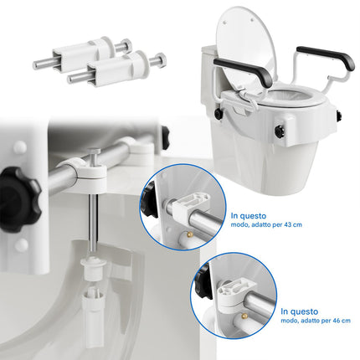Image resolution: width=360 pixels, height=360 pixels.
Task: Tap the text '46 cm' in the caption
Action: [342, 321]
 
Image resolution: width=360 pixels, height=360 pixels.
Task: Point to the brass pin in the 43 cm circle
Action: [190, 234]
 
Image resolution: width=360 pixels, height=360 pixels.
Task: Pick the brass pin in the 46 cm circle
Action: [244, 316]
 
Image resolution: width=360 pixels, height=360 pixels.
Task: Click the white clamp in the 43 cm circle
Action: [190, 205]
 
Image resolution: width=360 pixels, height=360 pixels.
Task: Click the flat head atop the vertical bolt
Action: [94, 152]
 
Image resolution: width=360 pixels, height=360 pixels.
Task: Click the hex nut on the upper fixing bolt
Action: [126, 44]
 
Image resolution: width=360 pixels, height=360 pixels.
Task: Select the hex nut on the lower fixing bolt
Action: [160, 59]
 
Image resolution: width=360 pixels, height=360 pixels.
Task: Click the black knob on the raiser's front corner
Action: [279, 130]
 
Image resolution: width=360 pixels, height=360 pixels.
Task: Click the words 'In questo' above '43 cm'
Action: [249, 216]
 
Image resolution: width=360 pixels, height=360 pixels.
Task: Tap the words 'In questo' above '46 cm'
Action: [299, 311]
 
